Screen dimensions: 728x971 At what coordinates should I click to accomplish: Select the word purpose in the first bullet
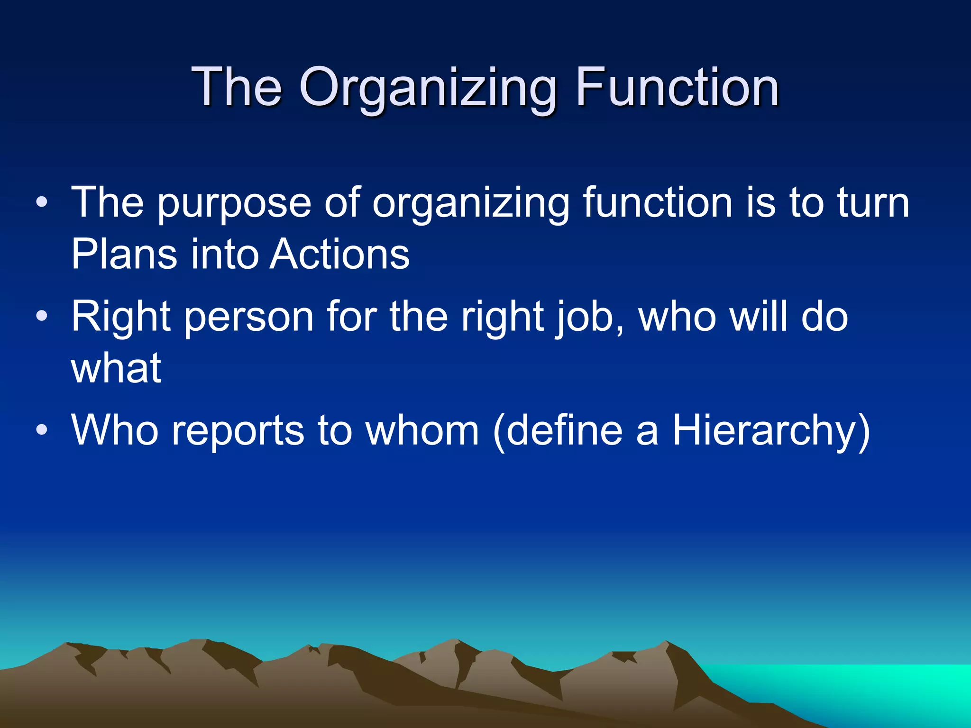pyautogui.click(x=234, y=204)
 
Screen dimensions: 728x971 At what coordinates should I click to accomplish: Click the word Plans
pyautogui.click(x=124, y=254)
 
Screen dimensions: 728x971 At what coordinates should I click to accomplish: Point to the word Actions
pyautogui.click(x=339, y=254)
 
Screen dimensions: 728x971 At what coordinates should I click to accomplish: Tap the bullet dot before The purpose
pyautogui.click(x=42, y=203)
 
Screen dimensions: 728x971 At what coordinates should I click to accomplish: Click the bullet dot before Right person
pyautogui.click(x=42, y=316)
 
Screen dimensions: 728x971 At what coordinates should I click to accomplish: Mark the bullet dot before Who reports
pyautogui.click(x=42, y=430)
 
